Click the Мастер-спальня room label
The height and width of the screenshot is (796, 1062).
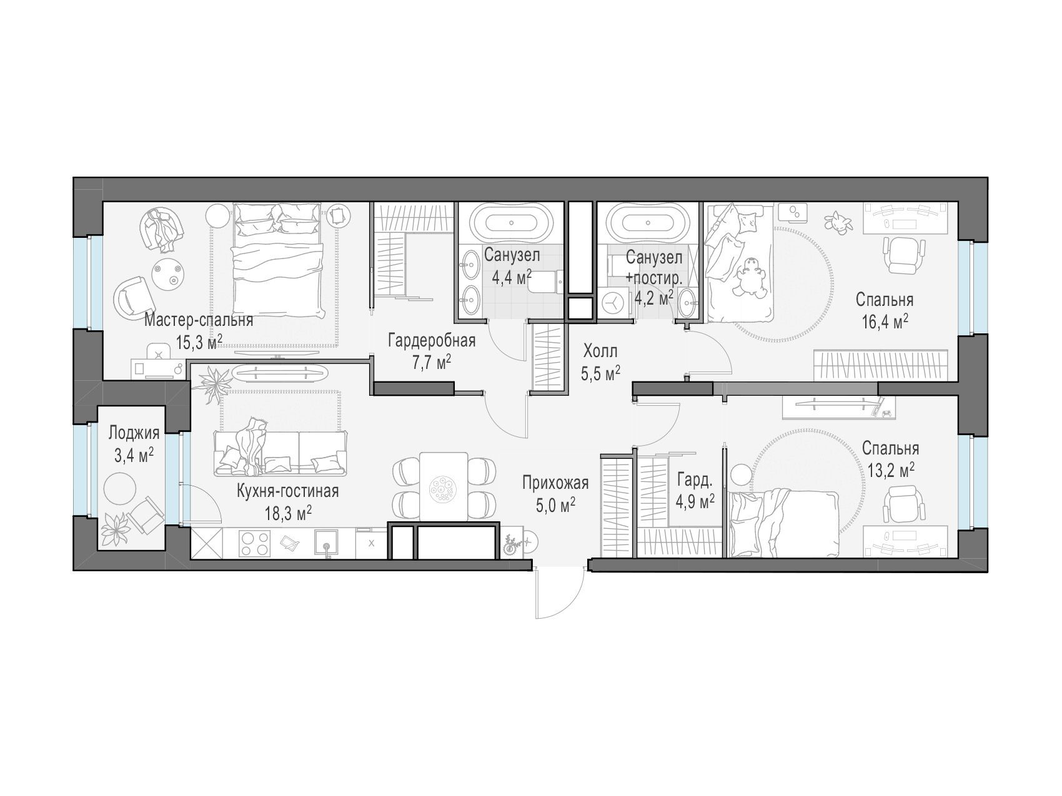(x=199, y=321)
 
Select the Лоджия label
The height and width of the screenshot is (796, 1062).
(x=134, y=433)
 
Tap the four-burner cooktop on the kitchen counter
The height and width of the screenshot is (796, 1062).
(x=254, y=542)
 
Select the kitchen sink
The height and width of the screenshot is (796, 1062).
(x=326, y=543)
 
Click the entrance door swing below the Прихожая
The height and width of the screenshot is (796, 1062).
(x=559, y=593)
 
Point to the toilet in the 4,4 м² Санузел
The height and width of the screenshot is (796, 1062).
(x=545, y=282)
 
